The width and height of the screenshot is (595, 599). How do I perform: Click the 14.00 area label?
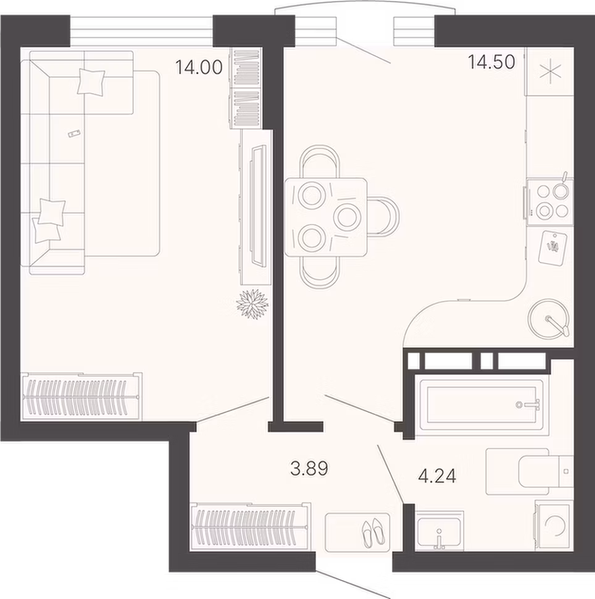tap(199, 67)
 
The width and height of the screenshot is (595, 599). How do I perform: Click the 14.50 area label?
tap(491, 62)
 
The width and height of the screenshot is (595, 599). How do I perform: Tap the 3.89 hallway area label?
tap(309, 468)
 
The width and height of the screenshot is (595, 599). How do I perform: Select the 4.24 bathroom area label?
tap(437, 476)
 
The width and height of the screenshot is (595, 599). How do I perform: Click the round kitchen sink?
tap(549, 319)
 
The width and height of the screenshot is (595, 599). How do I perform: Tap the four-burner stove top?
tap(549, 202)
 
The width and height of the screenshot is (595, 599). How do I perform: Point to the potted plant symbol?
tap(252, 303)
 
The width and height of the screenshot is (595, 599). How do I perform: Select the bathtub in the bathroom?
tap(482, 405)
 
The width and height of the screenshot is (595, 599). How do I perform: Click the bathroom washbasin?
tap(439, 531)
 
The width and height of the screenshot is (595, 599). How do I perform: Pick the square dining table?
tap(326, 217)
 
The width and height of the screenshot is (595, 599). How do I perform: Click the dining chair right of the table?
tap(384, 217)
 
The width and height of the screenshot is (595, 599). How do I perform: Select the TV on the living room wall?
tap(258, 205)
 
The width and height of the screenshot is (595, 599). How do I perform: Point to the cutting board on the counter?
tap(552, 247)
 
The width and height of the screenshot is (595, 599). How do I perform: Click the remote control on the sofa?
tap(73, 133)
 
